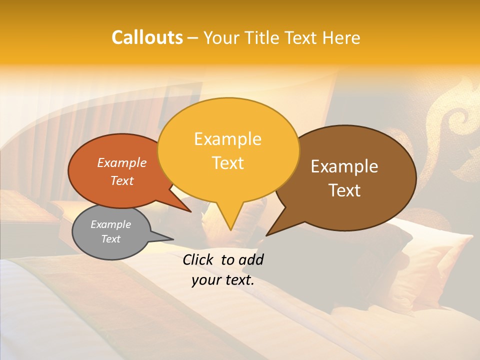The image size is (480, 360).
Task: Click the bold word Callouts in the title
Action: [147, 37]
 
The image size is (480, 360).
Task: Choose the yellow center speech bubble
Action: [228, 150]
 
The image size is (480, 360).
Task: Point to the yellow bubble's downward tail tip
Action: [230, 230]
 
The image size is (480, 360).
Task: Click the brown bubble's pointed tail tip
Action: [266, 235]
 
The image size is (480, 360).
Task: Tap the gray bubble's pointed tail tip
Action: [173, 239]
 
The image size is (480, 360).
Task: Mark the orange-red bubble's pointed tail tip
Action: [191, 212]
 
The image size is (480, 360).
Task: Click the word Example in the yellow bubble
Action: [227, 139]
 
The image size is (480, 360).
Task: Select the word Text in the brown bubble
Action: [344, 190]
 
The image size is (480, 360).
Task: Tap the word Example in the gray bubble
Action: [110, 224]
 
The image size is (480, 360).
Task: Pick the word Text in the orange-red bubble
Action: [122, 180]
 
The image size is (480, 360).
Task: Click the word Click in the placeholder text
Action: [199, 259]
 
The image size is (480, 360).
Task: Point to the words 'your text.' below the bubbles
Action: [223, 280]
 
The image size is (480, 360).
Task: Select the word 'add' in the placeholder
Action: [250, 259]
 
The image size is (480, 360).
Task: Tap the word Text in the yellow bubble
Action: [228, 163]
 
